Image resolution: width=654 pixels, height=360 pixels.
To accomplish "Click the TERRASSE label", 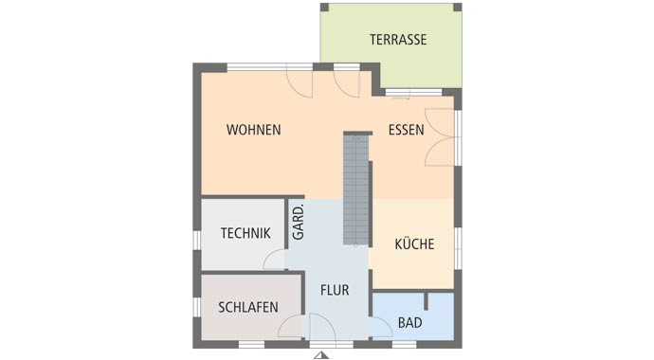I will click(397, 40).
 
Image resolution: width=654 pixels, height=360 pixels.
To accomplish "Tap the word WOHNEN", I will click(253, 130).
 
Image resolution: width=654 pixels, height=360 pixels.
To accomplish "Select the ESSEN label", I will click(406, 130).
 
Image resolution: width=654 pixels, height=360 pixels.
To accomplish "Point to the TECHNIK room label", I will click(245, 233).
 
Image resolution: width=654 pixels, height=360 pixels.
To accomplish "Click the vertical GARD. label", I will click(298, 223).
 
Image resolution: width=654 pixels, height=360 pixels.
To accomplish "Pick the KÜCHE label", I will click(414, 244).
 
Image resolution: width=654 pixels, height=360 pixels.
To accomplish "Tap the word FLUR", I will click(335, 291).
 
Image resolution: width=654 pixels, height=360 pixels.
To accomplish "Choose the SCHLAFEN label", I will click(247, 307).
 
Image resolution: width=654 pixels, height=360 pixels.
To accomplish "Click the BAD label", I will click(409, 323).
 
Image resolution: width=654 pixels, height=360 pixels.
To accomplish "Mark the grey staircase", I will click(356, 189).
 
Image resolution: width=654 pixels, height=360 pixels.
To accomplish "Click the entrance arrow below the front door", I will click(322, 355).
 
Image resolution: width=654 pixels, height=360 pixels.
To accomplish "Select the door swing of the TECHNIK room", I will click(274, 260).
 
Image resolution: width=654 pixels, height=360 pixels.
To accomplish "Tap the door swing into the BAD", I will click(380, 328).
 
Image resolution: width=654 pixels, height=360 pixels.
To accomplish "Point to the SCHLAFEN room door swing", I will click(290, 327).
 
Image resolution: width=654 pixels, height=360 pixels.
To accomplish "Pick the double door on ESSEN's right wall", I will click(442, 137).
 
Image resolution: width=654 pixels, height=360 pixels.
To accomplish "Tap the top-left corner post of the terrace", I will click(324, 8).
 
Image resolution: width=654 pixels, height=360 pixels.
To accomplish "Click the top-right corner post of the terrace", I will click(458, 8).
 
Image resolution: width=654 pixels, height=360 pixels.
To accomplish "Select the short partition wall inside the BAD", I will click(427, 301).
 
